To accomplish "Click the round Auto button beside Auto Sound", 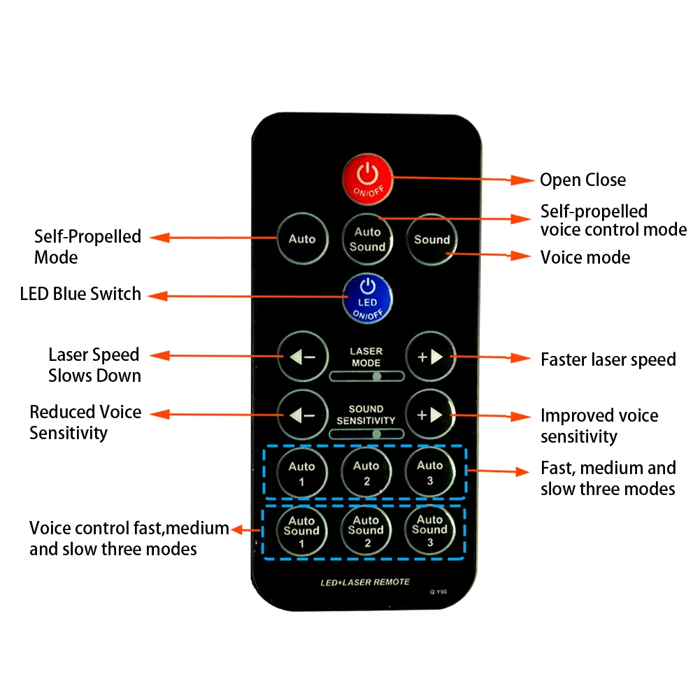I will pyautogui.click(x=302, y=239).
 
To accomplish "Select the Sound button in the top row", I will pyautogui.click(x=431, y=240).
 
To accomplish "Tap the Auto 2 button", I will pyautogui.click(x=366, y=473).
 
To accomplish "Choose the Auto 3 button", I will pyautogui.click(x=429, y=472).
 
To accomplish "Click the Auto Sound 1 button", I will pyautogui.click(x=301, y=531).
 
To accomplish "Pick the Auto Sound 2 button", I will pyautogui.click(x=366, y=531).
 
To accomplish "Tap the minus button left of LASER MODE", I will pyautogui.click(x=302, y=357).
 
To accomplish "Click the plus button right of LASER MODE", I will pyautogui.click(x=430, y=357).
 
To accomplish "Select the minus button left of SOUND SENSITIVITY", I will pyautogui.click(x=302, y=415).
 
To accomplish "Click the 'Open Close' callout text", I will pyautogui.click(x=583, y=180).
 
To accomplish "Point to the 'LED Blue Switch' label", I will pyautogui.click(x=80, y=294).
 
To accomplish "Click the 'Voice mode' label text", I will pyautogui.click(x=585, y=257).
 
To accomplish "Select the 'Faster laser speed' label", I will pyautogui.click(x=608, y=359).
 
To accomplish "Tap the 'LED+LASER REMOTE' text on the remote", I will pyautogui.click(x=365, y=582).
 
